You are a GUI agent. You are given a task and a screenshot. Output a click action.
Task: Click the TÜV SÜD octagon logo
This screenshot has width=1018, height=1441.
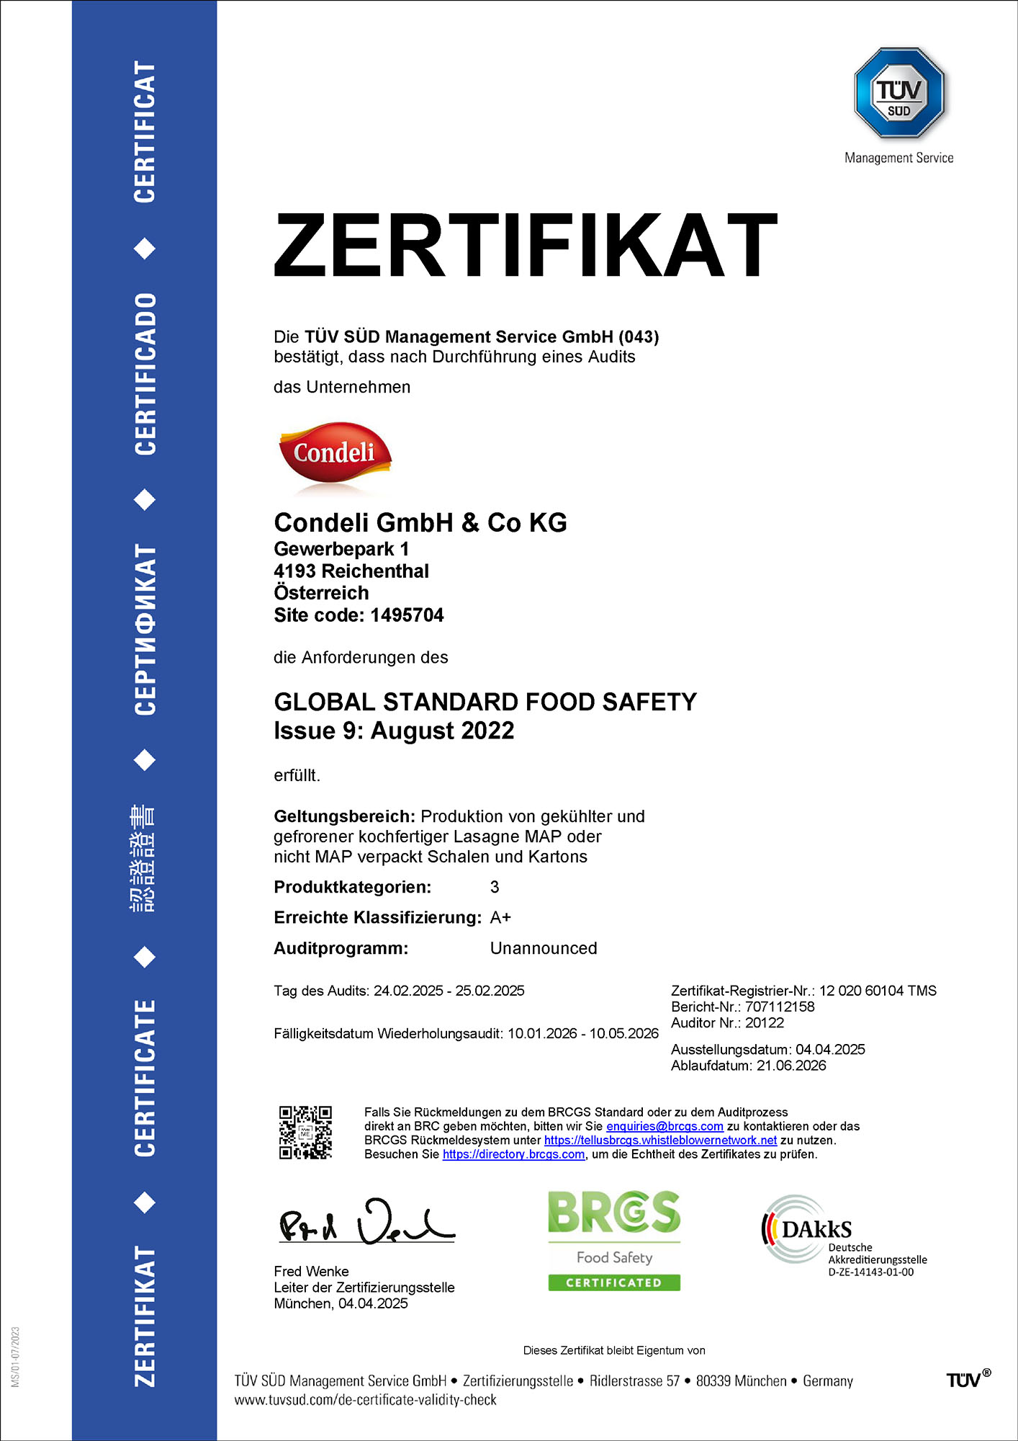click(x=899, y=93)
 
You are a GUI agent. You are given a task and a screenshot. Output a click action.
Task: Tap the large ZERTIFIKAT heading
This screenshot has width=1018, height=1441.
click(x=526, y=245)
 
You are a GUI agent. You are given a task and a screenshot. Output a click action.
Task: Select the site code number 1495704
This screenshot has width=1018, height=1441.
click(x=407, y=615)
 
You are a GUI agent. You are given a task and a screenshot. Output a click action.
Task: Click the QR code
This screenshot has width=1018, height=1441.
click(x=305, y=1132)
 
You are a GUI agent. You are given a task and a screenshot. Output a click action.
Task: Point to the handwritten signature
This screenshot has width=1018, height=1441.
click(x=366, y=1223)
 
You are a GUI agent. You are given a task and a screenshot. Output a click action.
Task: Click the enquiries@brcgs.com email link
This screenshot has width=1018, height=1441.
click(x=665, y=1126)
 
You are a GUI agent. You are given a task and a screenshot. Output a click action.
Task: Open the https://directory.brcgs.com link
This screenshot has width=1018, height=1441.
click(x=513, y=1154)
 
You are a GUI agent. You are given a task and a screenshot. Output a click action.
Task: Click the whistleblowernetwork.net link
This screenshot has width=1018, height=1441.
click(x=660, y=1141)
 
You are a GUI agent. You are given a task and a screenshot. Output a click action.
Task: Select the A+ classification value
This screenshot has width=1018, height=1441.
click(x=500, y=918)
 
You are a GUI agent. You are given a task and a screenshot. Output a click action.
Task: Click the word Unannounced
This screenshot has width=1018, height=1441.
click(x=544, y=949)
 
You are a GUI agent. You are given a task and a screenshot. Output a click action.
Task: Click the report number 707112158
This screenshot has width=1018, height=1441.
click(x=780, y=1007)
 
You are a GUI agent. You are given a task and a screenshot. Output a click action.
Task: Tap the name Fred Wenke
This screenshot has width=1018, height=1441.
click(x=311, y=1272)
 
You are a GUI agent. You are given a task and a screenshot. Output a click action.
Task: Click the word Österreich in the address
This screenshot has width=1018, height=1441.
click(x=321, y=593)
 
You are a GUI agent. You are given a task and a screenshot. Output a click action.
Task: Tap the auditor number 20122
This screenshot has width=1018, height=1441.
click(x=765, y=1023)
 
